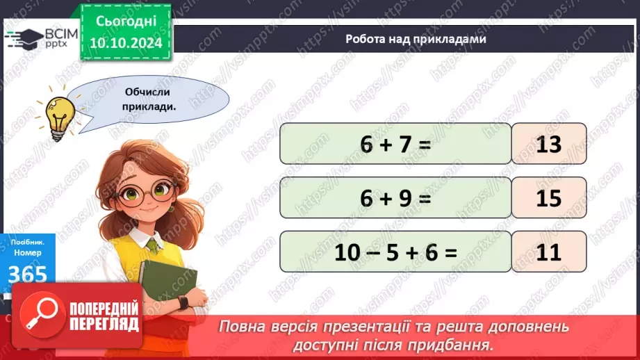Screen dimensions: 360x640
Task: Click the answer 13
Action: pyautogui.click(x=549, y=144)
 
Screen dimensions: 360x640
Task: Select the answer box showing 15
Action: pyautogui.click(x=549, y=198)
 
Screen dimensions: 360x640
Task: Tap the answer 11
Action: pyautogui.click(x=549, y=252)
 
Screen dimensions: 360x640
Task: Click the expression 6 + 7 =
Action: pyautogui.click(x=395, y=144)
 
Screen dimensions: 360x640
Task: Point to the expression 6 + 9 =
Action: pyautogui.click(x=395, y=198)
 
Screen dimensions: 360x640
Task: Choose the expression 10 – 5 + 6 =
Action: pyautogui.click(x=395, y=252)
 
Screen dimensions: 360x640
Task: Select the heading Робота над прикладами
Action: pyautogui.click(x=416, y=39)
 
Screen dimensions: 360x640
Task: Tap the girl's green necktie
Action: pyautogui.click(x=152, y=245)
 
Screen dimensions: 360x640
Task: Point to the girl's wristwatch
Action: pyautogui.click(x=183, y=302)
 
